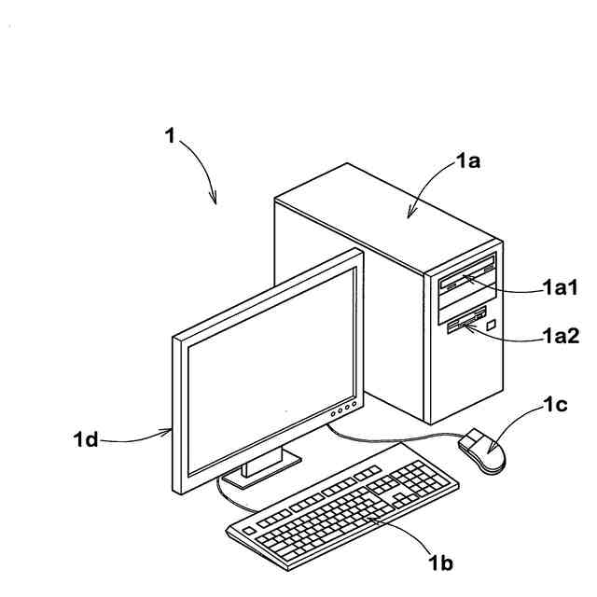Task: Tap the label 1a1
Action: coord(562,289)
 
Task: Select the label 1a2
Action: coord(562,338)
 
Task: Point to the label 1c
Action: coord(557,406)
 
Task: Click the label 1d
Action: coord(86,438)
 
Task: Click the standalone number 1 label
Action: coord(170,136)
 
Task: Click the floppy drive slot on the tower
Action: coord(465,324)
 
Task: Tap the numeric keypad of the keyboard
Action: coord(425,479)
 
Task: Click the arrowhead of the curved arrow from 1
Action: coord(215,200)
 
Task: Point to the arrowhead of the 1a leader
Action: coord(410,215)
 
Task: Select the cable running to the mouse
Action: coord(392,437)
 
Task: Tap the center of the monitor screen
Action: coord(271,368)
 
